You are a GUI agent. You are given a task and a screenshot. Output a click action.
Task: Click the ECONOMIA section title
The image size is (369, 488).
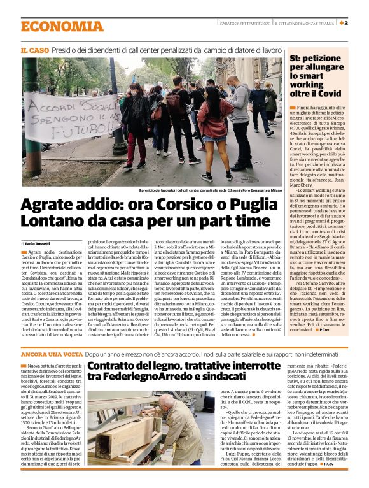click(62, 26)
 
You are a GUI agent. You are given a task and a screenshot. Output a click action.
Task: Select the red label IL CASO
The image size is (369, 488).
click(35, 49)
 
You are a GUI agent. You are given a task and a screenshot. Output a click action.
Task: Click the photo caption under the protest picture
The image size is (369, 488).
click(209, 190)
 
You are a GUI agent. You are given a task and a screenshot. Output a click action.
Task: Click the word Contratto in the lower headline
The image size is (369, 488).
click(116, 366)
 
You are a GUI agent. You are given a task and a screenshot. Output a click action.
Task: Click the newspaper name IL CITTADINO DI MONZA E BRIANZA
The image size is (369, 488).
click(301, 24)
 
